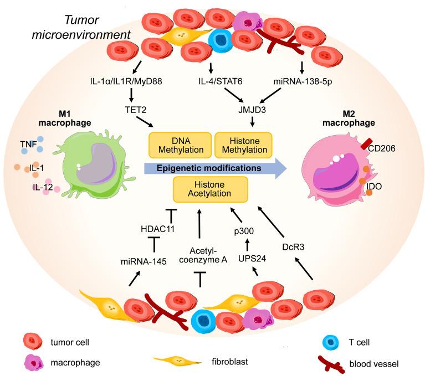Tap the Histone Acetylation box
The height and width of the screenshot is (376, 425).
210,189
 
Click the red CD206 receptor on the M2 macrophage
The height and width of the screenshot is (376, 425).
367,145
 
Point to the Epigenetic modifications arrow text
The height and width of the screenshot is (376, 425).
208,166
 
